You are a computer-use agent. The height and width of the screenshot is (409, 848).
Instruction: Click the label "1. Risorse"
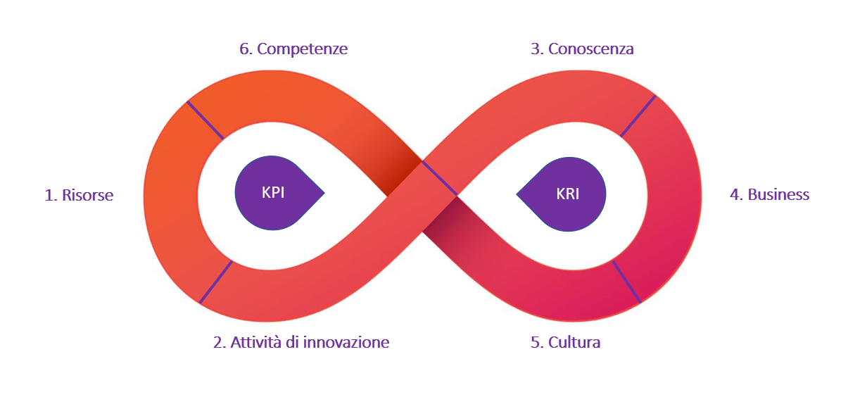(x=79, y=195)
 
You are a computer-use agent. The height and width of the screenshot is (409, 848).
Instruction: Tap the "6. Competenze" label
(x=293, y=49)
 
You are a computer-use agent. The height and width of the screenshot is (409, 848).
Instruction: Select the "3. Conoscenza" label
(x=582, y=49)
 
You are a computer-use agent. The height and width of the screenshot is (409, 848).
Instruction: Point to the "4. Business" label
(x=770, y=194)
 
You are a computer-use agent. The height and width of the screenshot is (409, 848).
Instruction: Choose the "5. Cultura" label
(x=566, y=342)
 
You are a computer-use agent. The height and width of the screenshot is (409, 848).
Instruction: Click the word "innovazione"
(x=346, y=342)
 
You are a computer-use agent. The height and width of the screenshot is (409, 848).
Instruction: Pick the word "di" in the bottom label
(x=293, y=342)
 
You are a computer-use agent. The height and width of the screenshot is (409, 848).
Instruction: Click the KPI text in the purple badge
(x=273, y=192)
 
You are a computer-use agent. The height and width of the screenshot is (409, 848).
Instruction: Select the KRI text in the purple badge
(x=567, y=194)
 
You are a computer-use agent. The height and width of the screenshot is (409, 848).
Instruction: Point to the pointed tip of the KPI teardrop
(x=324, y=193)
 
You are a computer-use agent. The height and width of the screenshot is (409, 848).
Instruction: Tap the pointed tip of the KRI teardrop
(x=517, y=195)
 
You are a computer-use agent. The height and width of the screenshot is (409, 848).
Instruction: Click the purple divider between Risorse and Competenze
(x=205, y=120)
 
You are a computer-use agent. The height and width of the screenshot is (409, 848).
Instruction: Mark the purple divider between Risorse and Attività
(x=216, y=282)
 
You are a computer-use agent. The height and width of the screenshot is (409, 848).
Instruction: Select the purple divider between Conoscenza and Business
(x=638, y=116)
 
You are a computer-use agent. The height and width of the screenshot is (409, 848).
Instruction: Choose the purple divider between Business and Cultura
(x=626, y=282)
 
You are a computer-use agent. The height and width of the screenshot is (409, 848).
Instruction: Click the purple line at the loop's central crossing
(x=440, y=178)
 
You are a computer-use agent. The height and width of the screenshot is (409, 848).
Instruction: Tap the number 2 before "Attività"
(x=219, y=342)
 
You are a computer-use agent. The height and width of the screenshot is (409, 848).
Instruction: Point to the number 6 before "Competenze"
(x=245, y=49)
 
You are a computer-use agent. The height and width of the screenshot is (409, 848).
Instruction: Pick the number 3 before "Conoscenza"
(x=536, y=49)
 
